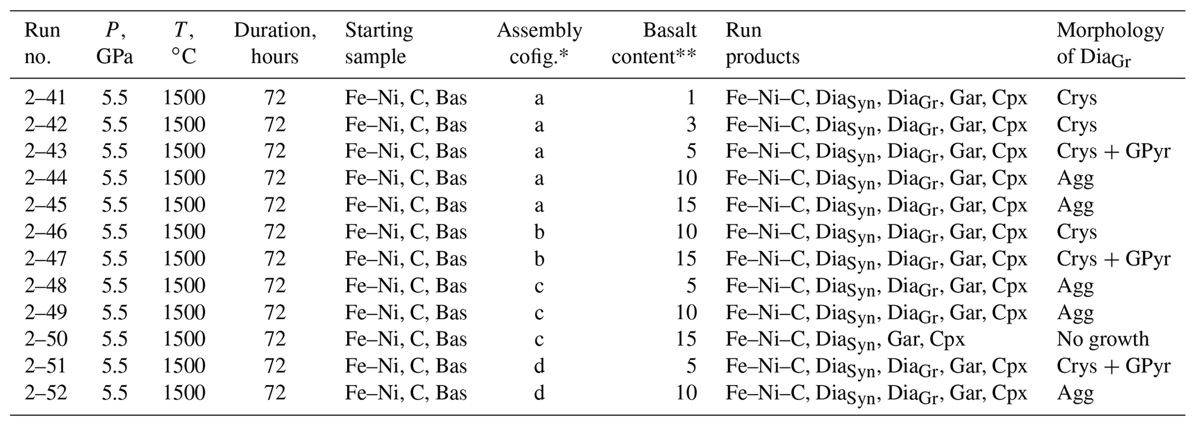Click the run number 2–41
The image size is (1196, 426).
point(45,98)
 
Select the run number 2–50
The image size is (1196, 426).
point(45,339)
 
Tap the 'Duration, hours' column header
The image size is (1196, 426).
point(275,43)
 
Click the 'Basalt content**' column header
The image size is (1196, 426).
point(654,43)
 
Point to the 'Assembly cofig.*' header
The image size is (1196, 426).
point(539,43)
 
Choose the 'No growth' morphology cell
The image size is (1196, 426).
point(1103,339)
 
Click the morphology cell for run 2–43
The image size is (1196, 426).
point(1113,151)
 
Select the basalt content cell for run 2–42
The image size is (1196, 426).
point(690,125)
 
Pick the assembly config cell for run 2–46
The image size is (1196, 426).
point(539,232)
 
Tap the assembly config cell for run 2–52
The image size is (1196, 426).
point(539,392)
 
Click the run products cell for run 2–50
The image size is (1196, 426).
point(845,340)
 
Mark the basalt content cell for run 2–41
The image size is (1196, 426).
point(691,98)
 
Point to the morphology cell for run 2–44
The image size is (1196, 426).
point(1075,179)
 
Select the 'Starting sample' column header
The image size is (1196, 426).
point(379,43)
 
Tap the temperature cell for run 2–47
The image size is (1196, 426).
point(184,258)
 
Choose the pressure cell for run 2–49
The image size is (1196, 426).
point(115,312)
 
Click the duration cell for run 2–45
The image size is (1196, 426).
point(275,205)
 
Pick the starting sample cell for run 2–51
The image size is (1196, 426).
point(406,366)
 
